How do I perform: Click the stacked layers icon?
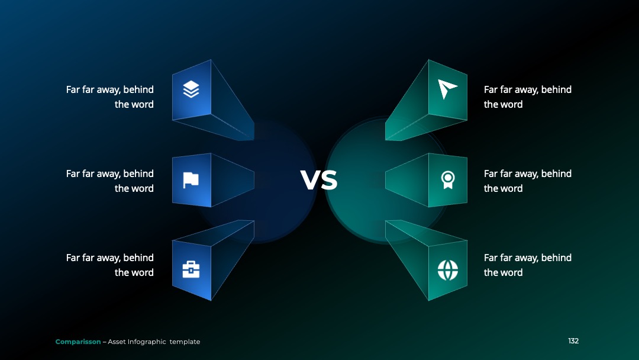[191, 89]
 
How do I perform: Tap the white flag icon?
[191, 180]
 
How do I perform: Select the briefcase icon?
[191, 269]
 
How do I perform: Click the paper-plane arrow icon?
[447, 89]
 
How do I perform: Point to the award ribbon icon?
[448, 180]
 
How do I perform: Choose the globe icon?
[448, 270]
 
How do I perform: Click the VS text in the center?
[319, 180]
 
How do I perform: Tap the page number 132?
[573, 341]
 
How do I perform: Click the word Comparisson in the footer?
[78, 342]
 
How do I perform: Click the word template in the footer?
[185, 342]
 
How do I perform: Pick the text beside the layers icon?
[110, 97]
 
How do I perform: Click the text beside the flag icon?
[110, 181]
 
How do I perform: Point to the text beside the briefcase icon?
[110, 265]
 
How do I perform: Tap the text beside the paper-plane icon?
[528, 97]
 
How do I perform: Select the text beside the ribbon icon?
[528, 181]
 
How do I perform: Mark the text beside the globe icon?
[528, 265]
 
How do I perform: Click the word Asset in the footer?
[117, 342]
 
